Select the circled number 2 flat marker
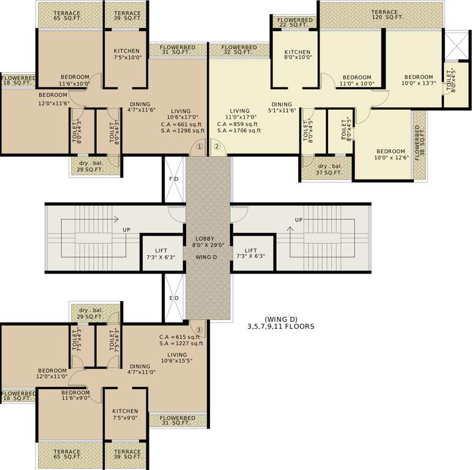(x=216, y=147)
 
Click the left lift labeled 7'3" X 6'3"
(x=161, y=254)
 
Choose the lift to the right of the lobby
(x=251, y=254)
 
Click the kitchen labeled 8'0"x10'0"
(x=297, y=55)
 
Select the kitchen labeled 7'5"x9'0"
(x=125, y=415)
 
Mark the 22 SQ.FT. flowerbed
(x=294, y=23)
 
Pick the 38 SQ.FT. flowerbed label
(x=418, y=143)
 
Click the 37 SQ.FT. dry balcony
(x=329, y=170)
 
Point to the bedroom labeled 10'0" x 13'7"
(x=419, y=80)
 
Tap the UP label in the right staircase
(x=298, y=220)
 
